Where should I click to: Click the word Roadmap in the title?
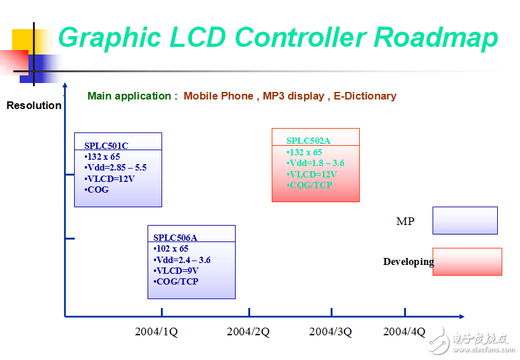pos(435,37)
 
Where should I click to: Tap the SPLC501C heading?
pos(106,146)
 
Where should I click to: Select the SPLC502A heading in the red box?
pos(308,141)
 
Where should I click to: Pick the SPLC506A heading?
pos(175,238)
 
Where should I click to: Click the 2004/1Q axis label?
pos(156,331)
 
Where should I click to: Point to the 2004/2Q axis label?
pos(248,331)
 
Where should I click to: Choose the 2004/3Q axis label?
pos(331,331)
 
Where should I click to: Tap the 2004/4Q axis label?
pos(405,331)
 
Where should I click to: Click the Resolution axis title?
pos(34,105)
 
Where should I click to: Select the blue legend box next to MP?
pos(465,221)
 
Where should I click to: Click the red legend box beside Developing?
pos(467,262)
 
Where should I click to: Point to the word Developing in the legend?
pos(409,262)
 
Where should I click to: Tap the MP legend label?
pos(405,221)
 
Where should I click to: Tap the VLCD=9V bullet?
pos(176,271)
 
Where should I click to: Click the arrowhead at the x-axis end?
pos(461,316)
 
